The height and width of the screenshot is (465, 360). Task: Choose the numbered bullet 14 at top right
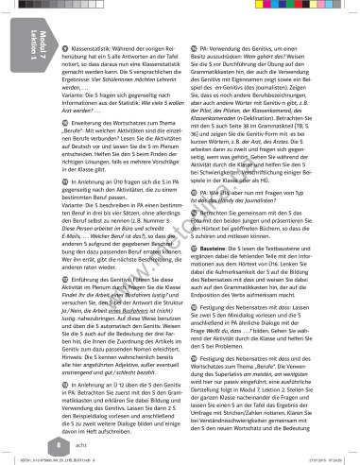193,46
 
